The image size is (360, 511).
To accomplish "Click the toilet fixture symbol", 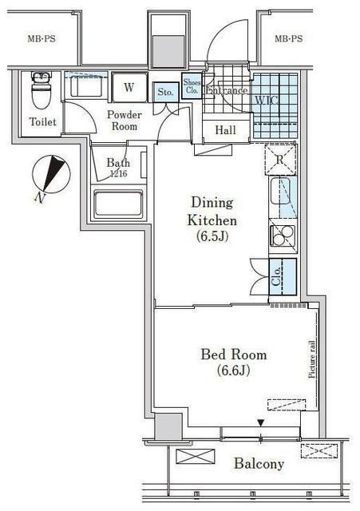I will (40, 92).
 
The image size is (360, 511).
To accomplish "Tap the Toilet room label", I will (42, 123).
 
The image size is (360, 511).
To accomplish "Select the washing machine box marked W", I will (129, 87).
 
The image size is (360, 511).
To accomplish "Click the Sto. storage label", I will (165, 93).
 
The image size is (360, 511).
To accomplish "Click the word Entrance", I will (227, 90).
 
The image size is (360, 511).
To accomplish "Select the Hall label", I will (225, 129).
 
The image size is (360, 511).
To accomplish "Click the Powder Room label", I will (124, 121).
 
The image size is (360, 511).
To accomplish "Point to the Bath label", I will (118, 164).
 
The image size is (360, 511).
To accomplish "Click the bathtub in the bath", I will (118, 204).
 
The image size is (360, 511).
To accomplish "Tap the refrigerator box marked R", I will (279, 158).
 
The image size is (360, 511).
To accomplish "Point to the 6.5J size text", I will (212, 237).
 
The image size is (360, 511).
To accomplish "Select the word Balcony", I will (259, 464).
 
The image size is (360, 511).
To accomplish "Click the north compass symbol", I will (53, 174).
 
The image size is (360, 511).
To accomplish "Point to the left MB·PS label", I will (42, 38).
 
